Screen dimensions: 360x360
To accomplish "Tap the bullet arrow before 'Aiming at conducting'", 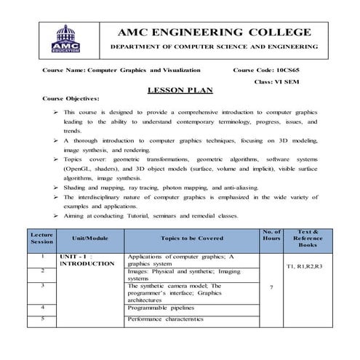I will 56,217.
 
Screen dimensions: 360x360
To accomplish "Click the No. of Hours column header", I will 271,238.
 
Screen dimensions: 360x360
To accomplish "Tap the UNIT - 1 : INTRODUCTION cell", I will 87,260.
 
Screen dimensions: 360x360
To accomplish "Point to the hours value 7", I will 271,289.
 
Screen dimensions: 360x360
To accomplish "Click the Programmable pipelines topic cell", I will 164,308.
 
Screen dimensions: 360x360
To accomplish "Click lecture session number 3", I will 43,286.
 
